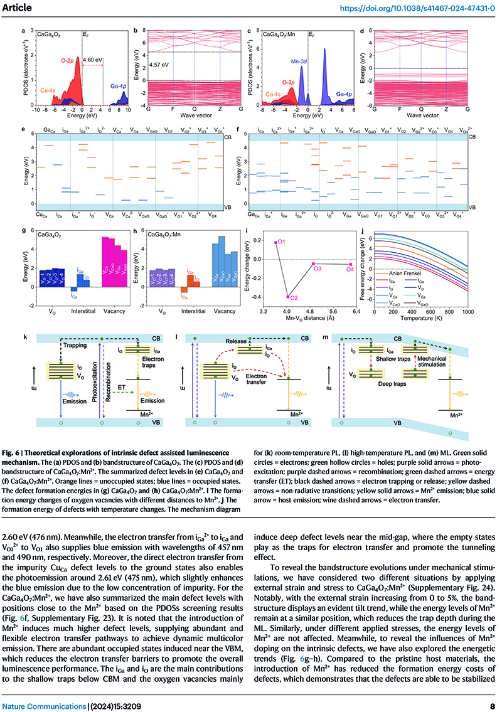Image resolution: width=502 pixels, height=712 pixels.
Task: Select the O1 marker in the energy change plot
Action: tap(275, 242)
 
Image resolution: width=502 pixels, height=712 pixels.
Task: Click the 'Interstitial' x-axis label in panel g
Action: tap(80, 312)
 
